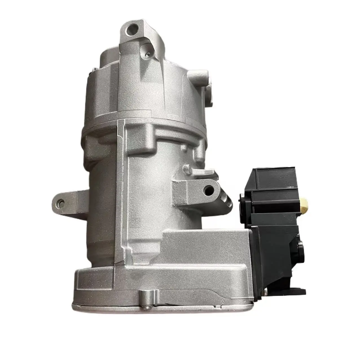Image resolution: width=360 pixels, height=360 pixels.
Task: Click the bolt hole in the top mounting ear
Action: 132,29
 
